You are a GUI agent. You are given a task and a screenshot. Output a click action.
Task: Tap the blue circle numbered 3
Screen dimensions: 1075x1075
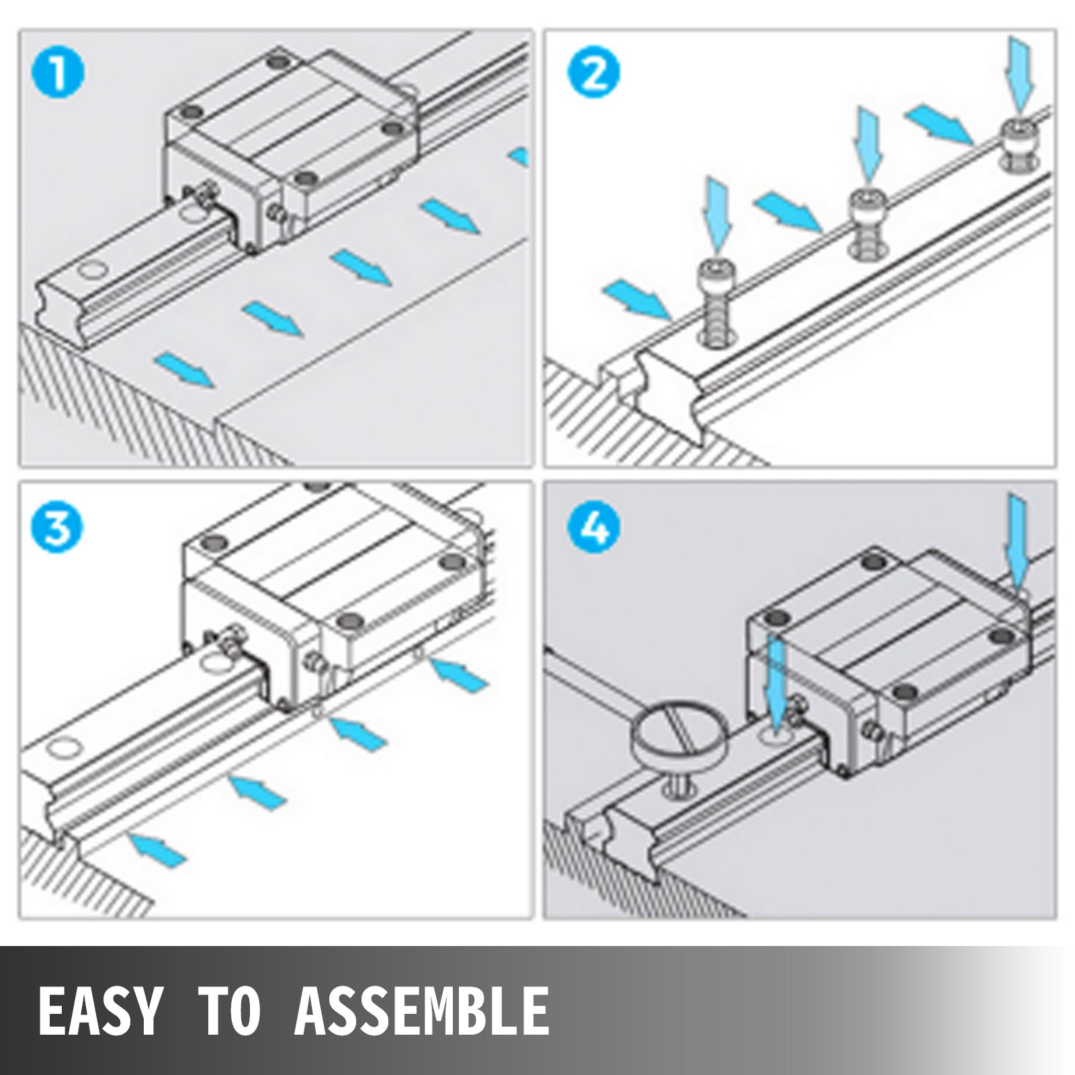[x=58, y=527]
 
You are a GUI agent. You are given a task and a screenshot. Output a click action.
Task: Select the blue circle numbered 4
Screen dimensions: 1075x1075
[x=594, y=527]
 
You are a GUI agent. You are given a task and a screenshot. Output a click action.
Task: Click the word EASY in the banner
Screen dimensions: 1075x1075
[x=101, y=1011]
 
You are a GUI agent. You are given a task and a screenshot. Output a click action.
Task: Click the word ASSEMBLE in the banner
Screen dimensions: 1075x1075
[x=421, y=1011]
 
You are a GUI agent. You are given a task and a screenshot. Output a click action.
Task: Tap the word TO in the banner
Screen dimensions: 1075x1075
[x=230, y=1011]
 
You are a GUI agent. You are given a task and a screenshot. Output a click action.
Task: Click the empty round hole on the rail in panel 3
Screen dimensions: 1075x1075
[x=63, y=748]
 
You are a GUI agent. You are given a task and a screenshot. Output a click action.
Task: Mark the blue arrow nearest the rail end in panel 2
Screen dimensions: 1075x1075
[x=636, y=300]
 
